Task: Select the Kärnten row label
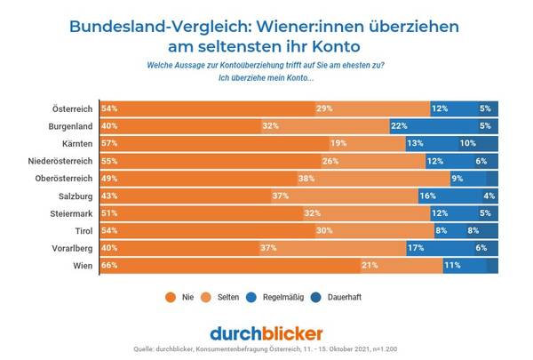(x=71, y=143)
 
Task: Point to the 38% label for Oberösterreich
(x=332, y=179)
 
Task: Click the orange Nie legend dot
(x=170, y=297)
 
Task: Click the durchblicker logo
(x=266, y=333)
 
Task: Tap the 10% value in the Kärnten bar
(x=467, y=143)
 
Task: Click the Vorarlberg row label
(x=68, y=248)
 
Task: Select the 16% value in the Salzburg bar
(x=426, y=196)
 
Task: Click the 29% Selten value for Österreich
(x=324, y=108)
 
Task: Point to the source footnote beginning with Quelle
(x=266, y=348)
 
